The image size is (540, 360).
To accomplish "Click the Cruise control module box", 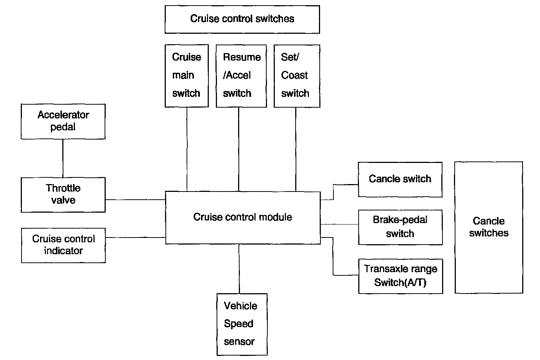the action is pyautogui.click(x=243, y=217).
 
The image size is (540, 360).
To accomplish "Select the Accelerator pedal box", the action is pyautogui.click(x=63, y=122).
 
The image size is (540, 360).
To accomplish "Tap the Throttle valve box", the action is pyautogui.click(x=63, y=195).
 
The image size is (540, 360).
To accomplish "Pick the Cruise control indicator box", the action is pyautogui.click(x=63, y=245).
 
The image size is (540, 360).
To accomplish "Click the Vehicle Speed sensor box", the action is pyautogui.click(x=242, y=324).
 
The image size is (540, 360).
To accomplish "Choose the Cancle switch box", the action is pyautogui.click(x=400, y=180).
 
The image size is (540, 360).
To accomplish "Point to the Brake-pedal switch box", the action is pyautogui.click(x=401, y=227).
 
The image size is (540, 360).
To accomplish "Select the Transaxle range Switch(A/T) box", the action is pyautogui.click(x=401, y=276).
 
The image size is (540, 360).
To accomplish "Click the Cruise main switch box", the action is pyautogui.click(x=187, y=76).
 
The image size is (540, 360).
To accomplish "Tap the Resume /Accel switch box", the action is pyautogui.click(x=241, y=76).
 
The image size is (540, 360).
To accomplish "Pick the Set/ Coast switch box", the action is pyautogui.click(x=297, y=76).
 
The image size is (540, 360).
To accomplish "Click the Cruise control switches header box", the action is pyautogui.click(x=242, y=20).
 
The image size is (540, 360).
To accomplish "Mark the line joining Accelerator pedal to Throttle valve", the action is pyautogui.click(x=63, y=158).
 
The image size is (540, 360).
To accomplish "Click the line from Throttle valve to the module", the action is pyautogui.click(x=135, y=200).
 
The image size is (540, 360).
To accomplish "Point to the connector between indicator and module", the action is pyautogui.click(x=135, y=238).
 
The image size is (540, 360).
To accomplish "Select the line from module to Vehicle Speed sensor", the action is pyautogui.click(x=239, y=269).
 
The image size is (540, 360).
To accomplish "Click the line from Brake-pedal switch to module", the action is pyautogui.click(x=339, y=225).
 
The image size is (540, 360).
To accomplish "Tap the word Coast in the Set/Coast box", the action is pyautogui.click(x=294, y=75).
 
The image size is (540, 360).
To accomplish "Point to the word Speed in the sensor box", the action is pyautogui.click(x=238, y=324).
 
